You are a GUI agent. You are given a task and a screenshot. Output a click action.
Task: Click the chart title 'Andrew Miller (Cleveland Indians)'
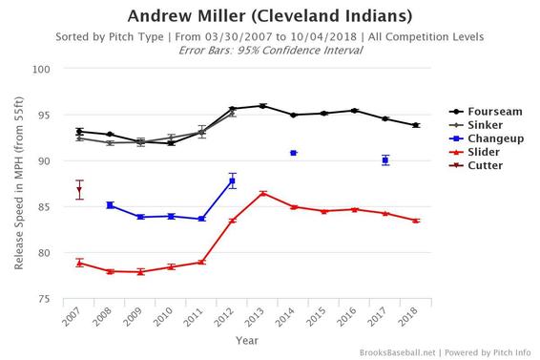click(x=270, y=16)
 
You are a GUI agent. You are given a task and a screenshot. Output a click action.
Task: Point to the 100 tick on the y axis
click(x=54, y=70)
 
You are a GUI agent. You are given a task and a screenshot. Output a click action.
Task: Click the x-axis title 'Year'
click(x=246, y=339)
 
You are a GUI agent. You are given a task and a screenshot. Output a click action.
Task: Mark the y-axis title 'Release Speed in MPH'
click(x=18, y=184)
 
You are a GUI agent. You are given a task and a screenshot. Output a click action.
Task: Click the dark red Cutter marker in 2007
click(x=79, y=190)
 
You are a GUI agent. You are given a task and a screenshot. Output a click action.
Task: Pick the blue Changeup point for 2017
click(x=385, y=160)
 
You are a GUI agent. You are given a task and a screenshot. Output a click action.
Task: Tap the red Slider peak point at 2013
click(x=263, y=193)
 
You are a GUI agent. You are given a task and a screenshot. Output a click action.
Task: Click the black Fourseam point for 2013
click(x=263, y=106)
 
